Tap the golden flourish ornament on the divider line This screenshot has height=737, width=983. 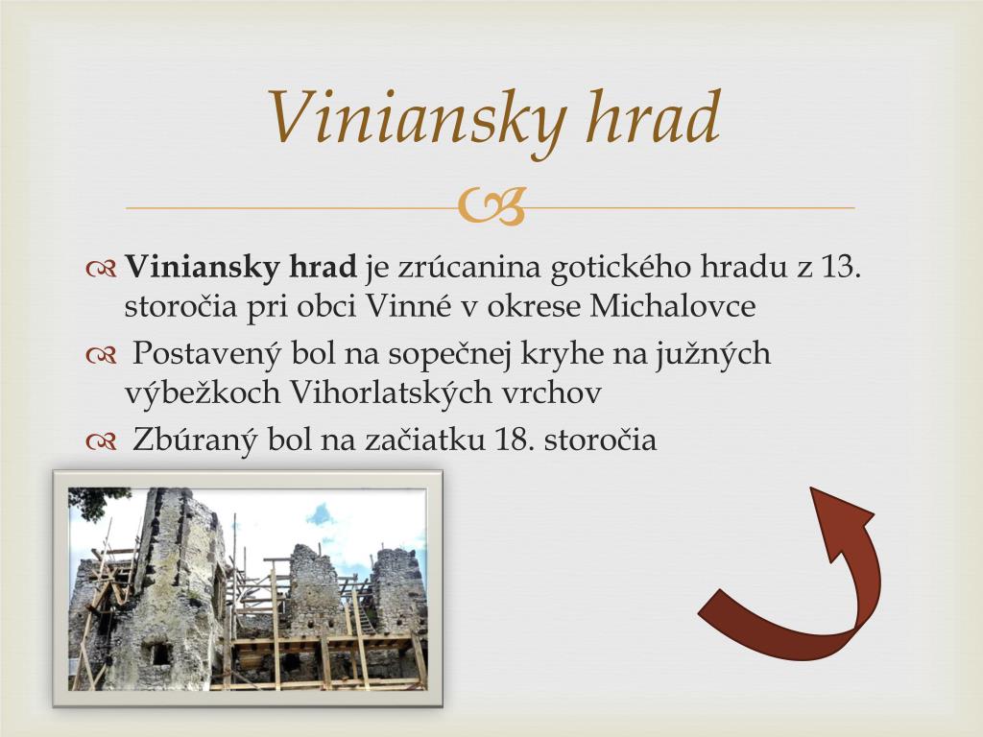(x=491, y=206)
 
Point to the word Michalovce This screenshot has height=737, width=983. (x=672, y=307)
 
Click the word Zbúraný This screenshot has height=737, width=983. (x=195, y=440)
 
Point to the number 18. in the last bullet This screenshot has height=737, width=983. (x=515, y=440)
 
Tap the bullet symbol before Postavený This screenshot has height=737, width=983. (x=100, y=356)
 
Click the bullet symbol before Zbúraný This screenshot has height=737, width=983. (x=100, y=442)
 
